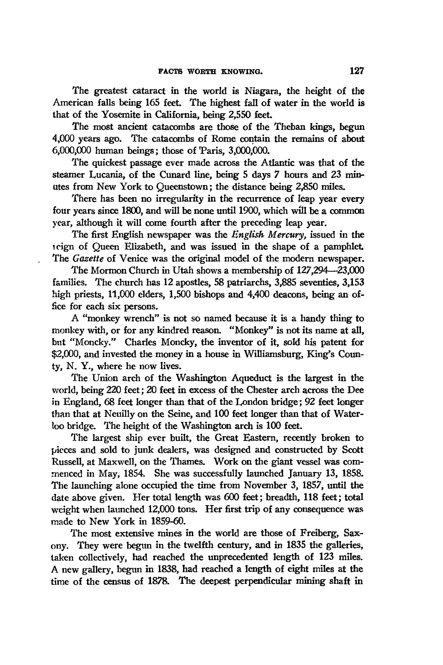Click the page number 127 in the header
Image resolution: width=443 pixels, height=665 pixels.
357,71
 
